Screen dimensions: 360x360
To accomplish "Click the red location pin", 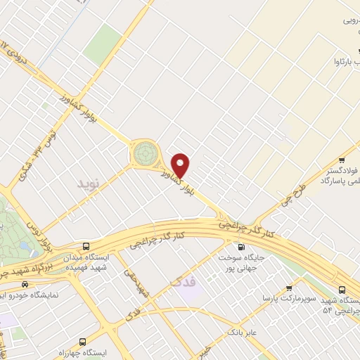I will point(181,165).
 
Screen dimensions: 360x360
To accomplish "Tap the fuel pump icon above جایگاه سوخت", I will point(241,247).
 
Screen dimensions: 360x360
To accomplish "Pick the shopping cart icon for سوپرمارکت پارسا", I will point(289,288).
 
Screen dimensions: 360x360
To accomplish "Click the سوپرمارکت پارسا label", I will point(288,299).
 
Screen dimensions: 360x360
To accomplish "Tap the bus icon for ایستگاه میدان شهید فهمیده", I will point(86,247).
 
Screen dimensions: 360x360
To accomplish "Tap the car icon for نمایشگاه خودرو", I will point(25,285).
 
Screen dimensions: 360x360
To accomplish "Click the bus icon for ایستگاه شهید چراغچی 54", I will point(342,289).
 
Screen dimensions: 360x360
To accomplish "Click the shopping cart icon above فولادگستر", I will point(342,160).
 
